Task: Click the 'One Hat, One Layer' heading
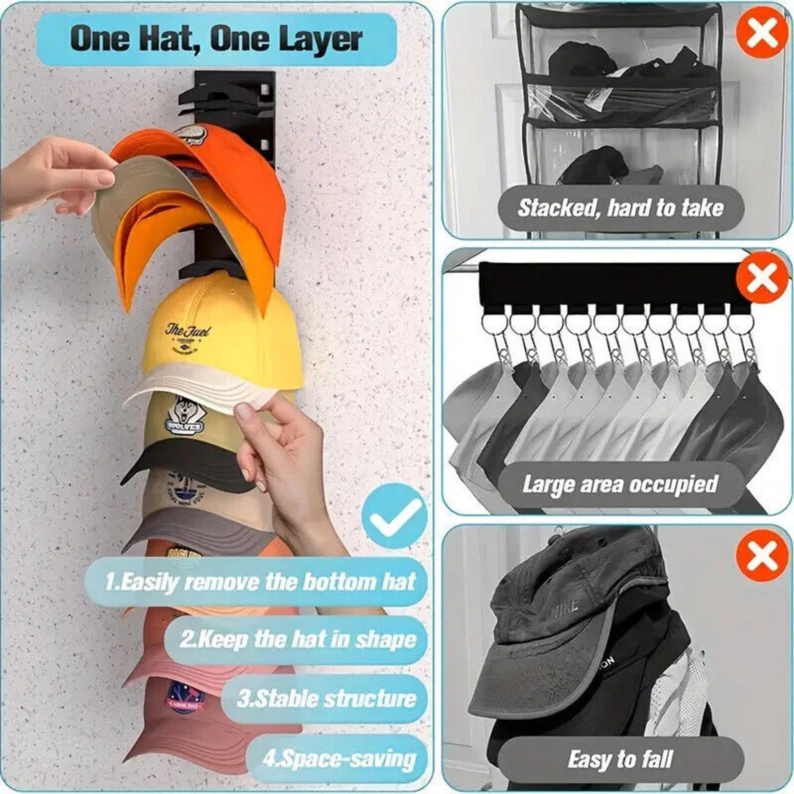pyautogui.click(x=216, y=39)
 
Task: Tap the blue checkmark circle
pyautogui.click(x=394, y=516)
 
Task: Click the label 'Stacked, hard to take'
pyautogui.click(x=620, y=207)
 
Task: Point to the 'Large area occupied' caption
pyautogui.click(x=620, y=484)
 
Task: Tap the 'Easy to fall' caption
pyautogui.click(x=620, y=759)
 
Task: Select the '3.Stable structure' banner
pyautogui.click(x=326, y=699)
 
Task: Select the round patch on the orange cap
pyautogui.click(x=193, y=134)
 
